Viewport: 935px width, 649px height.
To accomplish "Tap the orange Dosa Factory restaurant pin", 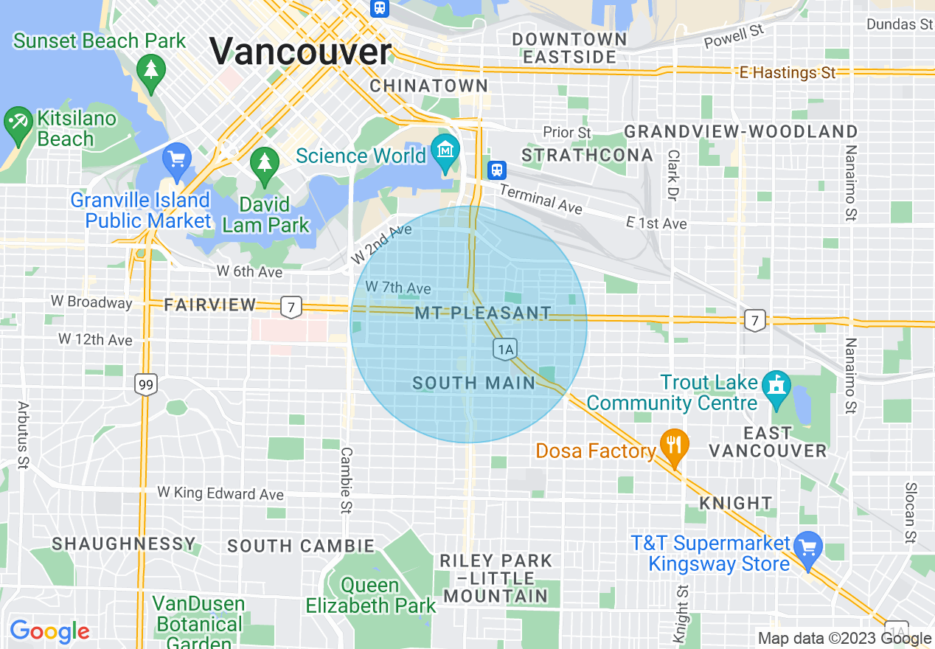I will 673,445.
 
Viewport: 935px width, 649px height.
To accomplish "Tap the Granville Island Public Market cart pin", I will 177,159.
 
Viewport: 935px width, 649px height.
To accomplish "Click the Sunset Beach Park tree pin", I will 151,72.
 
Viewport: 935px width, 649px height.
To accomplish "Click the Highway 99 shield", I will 146,383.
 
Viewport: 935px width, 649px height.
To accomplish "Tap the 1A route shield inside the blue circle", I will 505,350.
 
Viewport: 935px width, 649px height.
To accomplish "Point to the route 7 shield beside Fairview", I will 291,306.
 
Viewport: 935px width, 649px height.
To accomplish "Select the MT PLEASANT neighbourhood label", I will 482,313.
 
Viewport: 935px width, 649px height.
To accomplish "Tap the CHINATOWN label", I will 428,86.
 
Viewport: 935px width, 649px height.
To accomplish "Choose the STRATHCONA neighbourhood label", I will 587,155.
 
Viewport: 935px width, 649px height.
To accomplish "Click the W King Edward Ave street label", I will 220,493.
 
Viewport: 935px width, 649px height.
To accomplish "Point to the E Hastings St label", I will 788,72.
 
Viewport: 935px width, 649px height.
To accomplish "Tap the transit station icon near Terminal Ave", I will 498,170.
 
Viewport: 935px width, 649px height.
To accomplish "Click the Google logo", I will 49,631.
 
